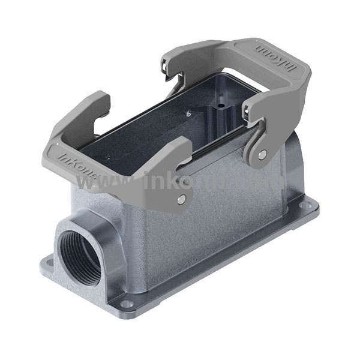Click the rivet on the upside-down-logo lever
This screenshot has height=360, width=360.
(x=262, y=154)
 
